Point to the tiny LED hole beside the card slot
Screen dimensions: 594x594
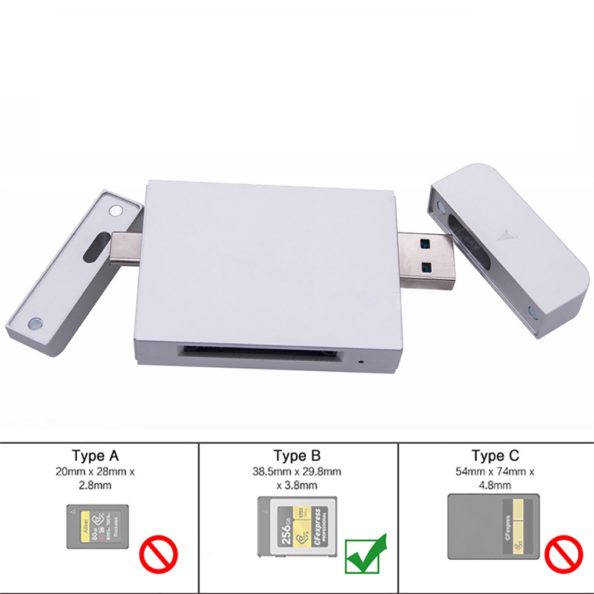point(362,361)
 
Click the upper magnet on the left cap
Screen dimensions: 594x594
point(117,211)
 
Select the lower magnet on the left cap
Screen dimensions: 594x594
point(36,323)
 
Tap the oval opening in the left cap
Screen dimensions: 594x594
point(96,246)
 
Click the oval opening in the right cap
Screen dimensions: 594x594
point(469,242)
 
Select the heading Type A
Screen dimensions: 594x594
point(95,455)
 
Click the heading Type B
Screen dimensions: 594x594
point(297,455)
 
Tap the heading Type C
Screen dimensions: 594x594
point(495,455)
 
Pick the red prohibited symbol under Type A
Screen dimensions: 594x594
point(158,554)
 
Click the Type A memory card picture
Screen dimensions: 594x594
point(98,526)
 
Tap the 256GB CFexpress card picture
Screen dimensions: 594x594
point(298,526)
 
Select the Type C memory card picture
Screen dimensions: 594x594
point(494,526)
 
